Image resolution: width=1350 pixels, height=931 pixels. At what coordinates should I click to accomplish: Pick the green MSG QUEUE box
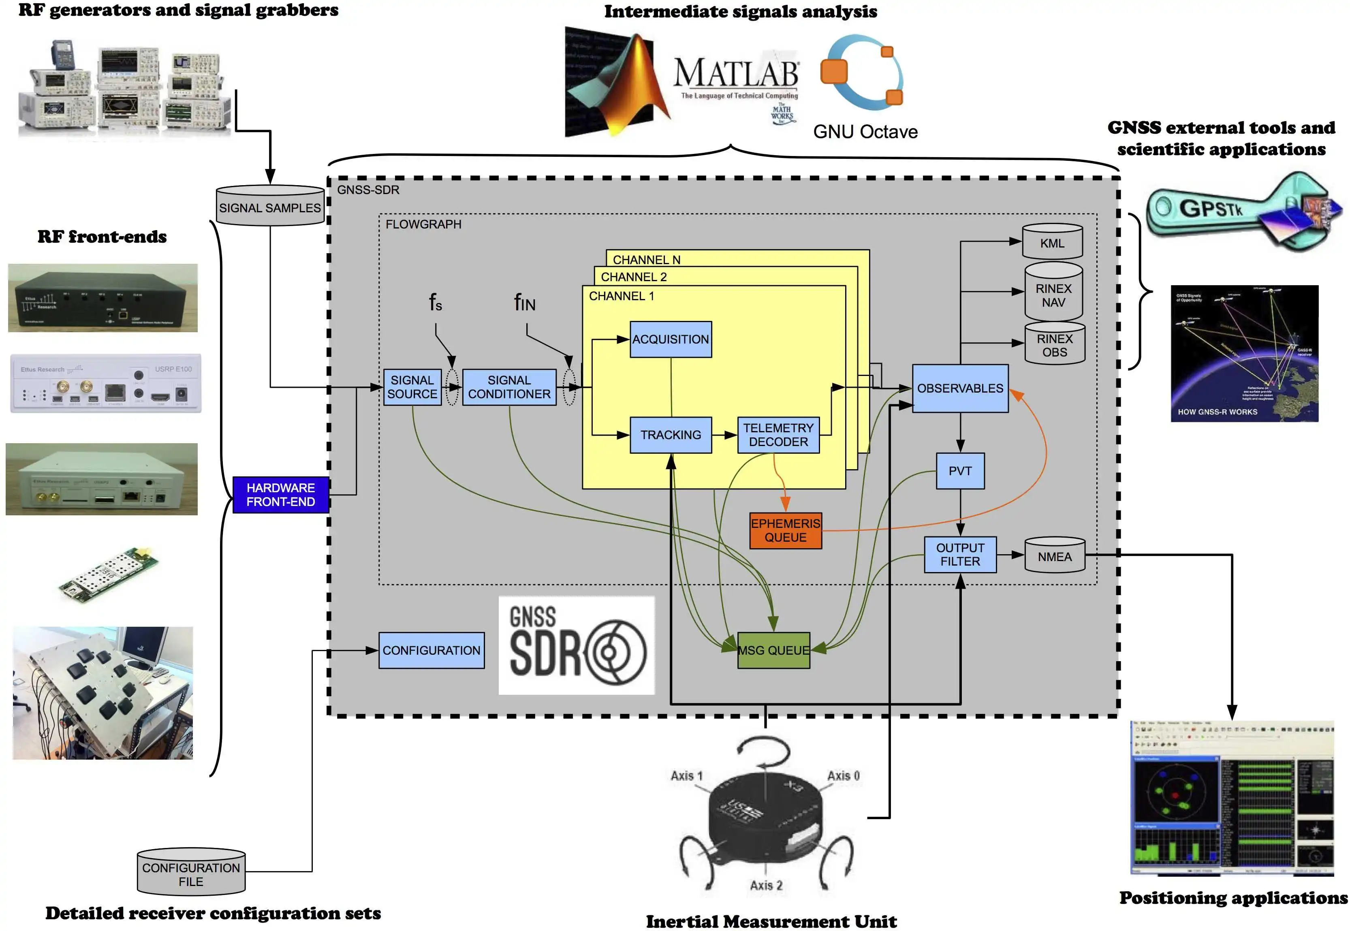pos(773,650)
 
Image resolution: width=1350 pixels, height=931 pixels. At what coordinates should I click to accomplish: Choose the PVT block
pos(960,471)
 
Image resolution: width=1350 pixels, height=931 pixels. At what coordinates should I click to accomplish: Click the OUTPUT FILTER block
pos(960,554)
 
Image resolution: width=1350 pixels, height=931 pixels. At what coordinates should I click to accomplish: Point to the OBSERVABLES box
pos(960,388)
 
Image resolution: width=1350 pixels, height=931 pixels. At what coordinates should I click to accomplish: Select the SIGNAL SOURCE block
pos(412,387)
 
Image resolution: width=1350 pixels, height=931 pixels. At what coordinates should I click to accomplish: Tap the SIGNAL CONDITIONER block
pos(509,387)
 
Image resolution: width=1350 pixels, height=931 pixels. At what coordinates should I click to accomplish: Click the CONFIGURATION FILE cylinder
pos(191,873)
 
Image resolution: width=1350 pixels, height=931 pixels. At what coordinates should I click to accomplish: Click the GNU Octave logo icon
pos(862,73)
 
